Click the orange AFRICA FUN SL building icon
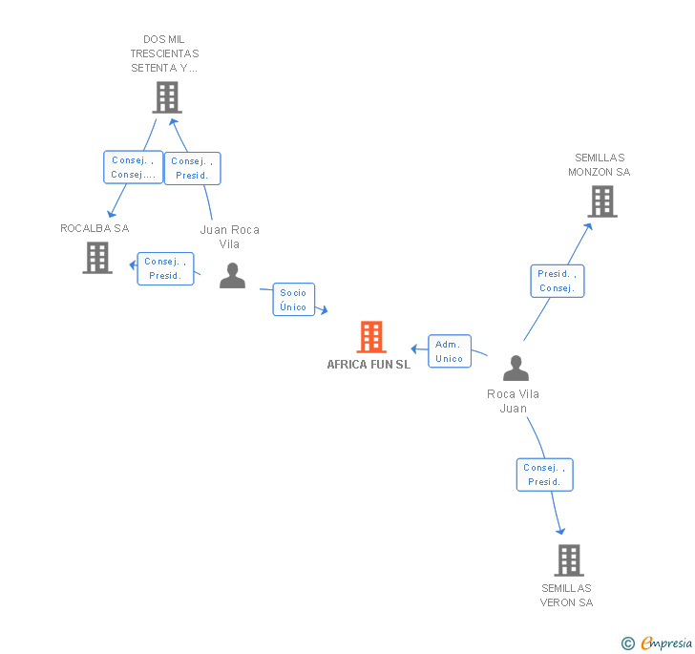tap(370, 337)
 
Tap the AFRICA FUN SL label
tap(369, 365)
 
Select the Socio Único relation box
tap(293, 300)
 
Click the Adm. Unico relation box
tap(449, 351)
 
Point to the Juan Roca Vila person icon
tap(232, 275)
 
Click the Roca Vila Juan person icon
tap(516, 368)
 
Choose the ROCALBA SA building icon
tap(97, 257)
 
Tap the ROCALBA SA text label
tap(95, 229)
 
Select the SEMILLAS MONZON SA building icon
tap(601, 201)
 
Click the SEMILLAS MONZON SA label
tap(600, 165)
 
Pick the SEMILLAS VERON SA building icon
tap(568, 559)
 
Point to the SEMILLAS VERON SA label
tap(567, 596)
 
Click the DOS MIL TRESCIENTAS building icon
tap(167, 96)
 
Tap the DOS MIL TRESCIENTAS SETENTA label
tap(165, 53)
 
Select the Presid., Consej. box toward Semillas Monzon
tap(557, 281)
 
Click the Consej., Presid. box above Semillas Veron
tap(545, 475)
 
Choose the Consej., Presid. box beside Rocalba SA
tap(166, 268)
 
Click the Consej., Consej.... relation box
tap(133, 168)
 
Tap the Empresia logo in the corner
tap(658, 643)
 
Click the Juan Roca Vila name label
tap(230, 237)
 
